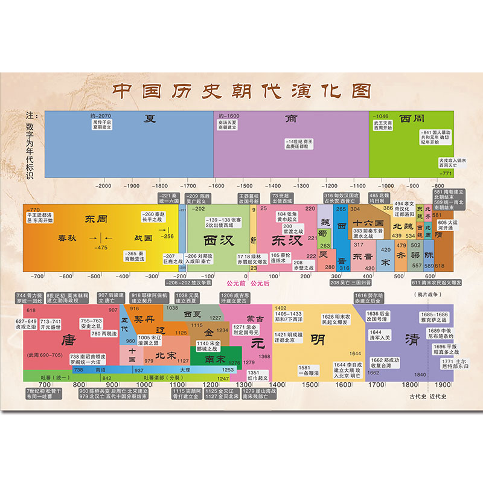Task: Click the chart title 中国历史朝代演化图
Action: click(x=241, y=92)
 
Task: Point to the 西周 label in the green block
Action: click(x=412, y=118)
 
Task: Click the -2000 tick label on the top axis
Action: click(x=103, y=187)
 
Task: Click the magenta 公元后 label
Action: click(x=261, y=282)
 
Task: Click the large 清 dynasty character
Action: click(x=412, y=338)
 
